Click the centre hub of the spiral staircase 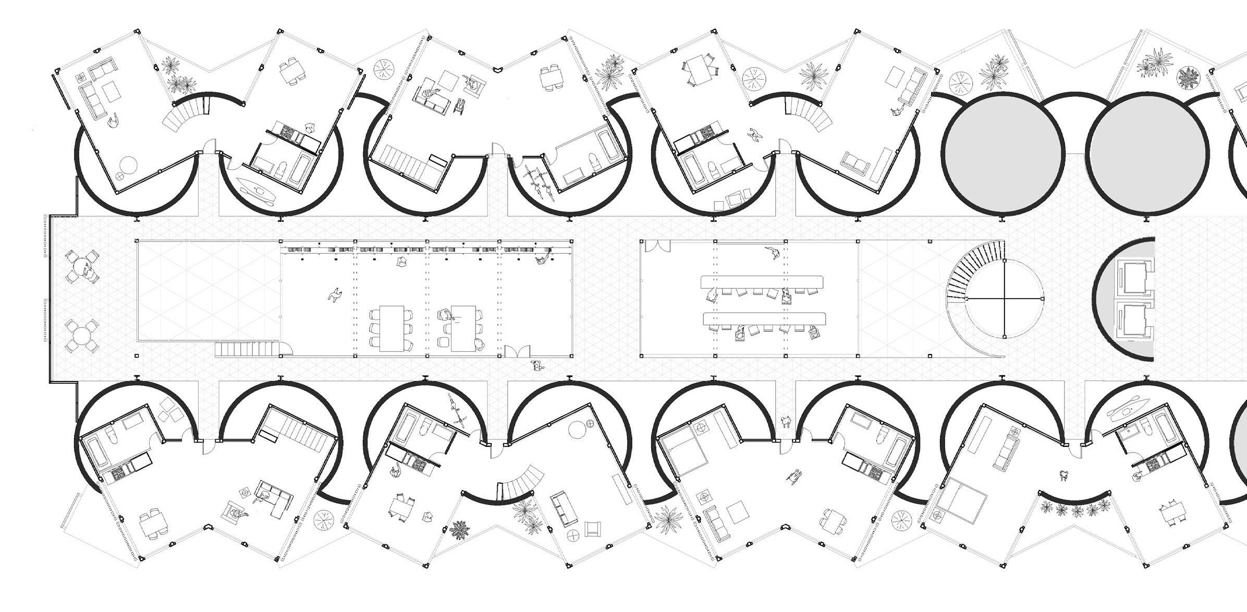point(1004,299)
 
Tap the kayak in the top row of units point(255,190)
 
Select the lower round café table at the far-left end point(81,335)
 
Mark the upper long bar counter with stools point(762,282)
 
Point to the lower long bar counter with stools point(764,318)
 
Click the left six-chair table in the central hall point(390,328)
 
